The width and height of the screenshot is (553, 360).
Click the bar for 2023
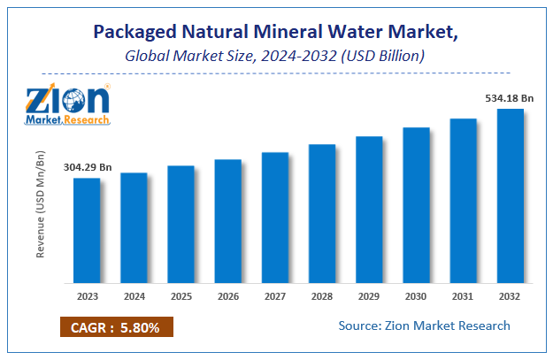(87, 230)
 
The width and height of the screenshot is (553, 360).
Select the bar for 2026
(227, 221)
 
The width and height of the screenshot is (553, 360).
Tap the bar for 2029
(369, 210)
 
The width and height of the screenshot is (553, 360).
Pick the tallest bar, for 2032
(510, 195)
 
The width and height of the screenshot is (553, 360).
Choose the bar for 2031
(463, 201)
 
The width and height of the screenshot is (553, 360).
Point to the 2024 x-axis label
(134, 295)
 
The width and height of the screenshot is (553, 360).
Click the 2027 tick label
(274, 295)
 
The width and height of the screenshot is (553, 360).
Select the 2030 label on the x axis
(416, 295)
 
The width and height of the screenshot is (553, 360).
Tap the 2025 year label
(180, 295)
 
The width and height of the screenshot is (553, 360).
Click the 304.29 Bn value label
(88, 167)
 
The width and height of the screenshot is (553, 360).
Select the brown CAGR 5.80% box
(117, 327)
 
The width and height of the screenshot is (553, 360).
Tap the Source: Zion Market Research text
(424, 326)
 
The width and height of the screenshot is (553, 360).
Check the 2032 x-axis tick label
(510, 295)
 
